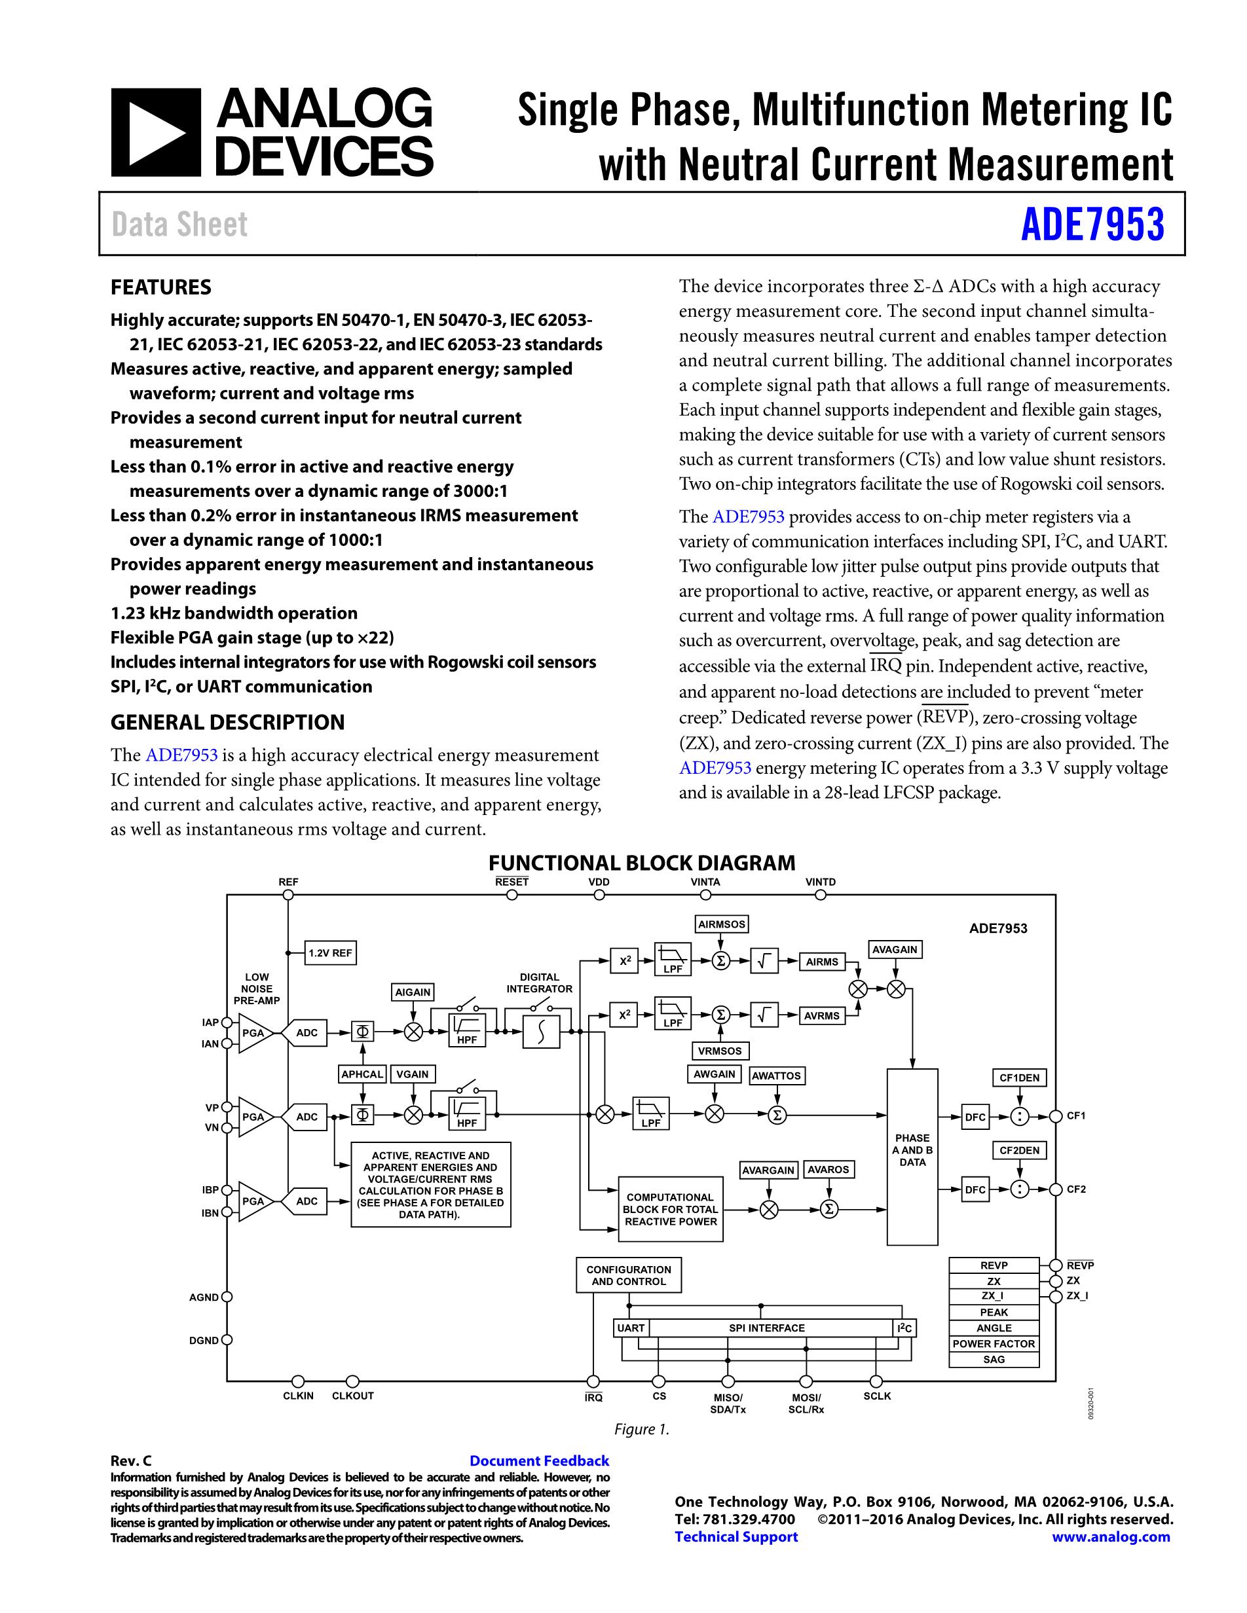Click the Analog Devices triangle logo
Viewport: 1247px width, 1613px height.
156,133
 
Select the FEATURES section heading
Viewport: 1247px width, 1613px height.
160,287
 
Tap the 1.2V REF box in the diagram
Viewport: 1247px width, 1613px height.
330,952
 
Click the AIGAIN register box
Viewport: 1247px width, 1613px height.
412,992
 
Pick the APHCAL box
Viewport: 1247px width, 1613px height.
362,1074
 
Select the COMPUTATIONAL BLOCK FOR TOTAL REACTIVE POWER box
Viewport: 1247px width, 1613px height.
670,1209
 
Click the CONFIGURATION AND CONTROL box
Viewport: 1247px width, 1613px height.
629,1275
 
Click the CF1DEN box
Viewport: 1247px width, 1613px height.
1018,1078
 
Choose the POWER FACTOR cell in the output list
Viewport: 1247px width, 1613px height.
994,1343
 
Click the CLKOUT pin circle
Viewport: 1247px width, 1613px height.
353,1381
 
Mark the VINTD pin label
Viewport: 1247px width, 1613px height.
820,882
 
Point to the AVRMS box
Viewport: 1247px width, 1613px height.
821,1015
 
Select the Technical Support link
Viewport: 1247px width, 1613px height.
735,1537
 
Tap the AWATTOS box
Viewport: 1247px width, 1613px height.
775,1076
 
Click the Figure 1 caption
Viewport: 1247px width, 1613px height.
641,1429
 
